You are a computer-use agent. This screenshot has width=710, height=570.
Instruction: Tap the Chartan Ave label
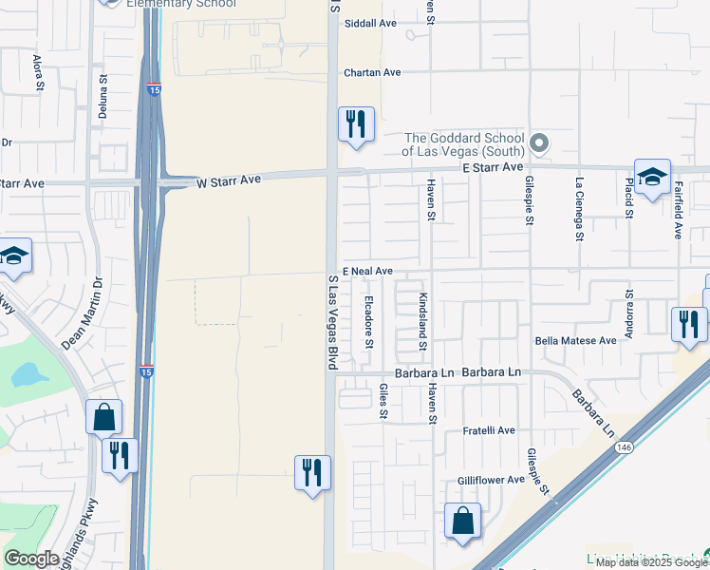[x=373, y=72]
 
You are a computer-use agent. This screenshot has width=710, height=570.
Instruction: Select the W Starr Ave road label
[x=228, y=180]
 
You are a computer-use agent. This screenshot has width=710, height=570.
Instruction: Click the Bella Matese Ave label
[x=575, y=340]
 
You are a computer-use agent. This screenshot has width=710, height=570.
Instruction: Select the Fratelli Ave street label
[x=489, y=430]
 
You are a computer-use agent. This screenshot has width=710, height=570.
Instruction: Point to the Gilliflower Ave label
[x=491, y=480]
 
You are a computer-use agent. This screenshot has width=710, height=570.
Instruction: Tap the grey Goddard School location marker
[x=539, y=143]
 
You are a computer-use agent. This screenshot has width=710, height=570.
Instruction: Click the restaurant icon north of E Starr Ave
[x=356, y=123]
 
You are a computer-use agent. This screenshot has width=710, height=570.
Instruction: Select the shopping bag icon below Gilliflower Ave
[x=462, y=521]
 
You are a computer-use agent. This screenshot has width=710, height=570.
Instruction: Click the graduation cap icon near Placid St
[x=652, y=177]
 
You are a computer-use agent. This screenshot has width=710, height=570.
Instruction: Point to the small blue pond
[x=29, y=374]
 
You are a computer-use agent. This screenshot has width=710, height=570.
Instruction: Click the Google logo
[x=31, y=559]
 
